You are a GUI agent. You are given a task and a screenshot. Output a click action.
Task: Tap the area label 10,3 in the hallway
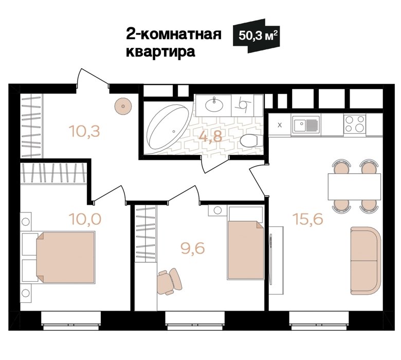(x=84, y=131)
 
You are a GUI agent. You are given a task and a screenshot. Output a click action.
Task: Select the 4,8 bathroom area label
(x=210, y=136)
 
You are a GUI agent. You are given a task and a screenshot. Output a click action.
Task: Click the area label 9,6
(x=193, y=248)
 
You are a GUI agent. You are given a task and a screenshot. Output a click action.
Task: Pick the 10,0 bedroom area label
(x=85, y=219)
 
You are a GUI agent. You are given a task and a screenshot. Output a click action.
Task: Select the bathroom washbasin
(x=214, y=105)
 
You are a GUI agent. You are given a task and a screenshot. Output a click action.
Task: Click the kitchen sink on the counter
(x=306, y=124)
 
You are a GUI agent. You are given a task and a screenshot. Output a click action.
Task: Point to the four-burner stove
(x=355, y=124)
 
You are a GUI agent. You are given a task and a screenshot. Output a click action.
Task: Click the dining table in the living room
(x=354, y=186)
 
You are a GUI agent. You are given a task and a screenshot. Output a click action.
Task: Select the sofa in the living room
(x=366, y=260)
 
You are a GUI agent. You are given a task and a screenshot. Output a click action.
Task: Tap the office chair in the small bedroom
(x=169, y=281)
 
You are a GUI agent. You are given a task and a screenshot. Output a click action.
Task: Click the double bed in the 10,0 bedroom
(x=65, y=257)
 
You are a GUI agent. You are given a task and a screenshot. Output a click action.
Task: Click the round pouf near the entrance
(x=123, y=106)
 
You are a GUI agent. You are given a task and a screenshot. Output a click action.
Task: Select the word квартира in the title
(x=160, y=52)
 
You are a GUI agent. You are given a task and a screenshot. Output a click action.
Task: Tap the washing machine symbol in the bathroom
(x=243, y=105)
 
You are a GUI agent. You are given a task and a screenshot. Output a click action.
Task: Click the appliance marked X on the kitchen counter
(x=280, y=125)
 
